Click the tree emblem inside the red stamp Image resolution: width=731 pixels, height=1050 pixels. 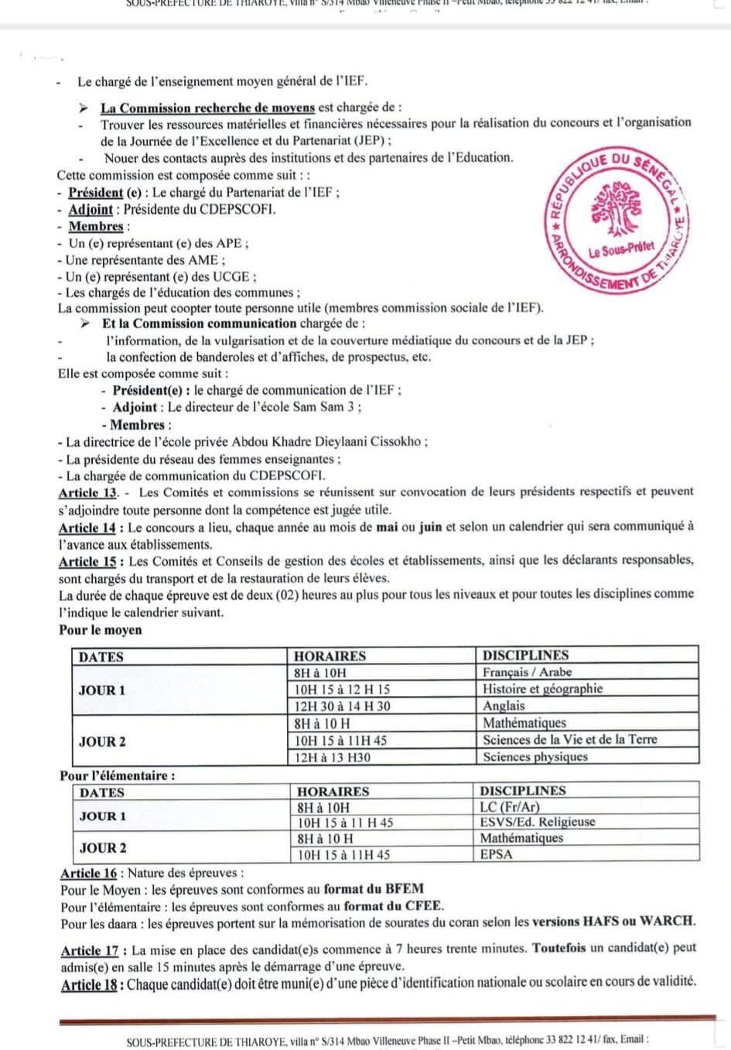point(617,209)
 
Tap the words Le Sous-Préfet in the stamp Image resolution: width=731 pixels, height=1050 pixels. point(621,250)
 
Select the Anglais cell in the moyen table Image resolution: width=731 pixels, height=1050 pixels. point(504,705)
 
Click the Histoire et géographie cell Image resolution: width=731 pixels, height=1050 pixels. point(542,688)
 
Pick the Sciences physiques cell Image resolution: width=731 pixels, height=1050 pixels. point(535,757)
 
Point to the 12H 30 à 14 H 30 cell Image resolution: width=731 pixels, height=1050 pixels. point(342,705)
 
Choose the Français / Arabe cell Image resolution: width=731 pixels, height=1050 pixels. point(527,672)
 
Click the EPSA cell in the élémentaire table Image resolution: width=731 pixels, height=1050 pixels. point(496,855)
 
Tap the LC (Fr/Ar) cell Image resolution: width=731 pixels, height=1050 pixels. point(510,806)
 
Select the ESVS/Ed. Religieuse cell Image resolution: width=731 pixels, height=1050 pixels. point(537,822)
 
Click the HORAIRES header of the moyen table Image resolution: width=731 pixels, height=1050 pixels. point(330,656)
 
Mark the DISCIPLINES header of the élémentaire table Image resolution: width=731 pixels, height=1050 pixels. point(522,791)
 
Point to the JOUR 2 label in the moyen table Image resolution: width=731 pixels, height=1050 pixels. point(102,741)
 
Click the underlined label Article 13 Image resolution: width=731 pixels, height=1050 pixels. point(87,492)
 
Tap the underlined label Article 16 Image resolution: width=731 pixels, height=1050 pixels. point(89,873)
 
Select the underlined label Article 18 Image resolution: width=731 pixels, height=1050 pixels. point(91,984)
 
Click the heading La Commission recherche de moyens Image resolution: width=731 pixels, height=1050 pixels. point(207,108)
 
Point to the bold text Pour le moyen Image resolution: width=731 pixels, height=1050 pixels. point(101,630)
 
